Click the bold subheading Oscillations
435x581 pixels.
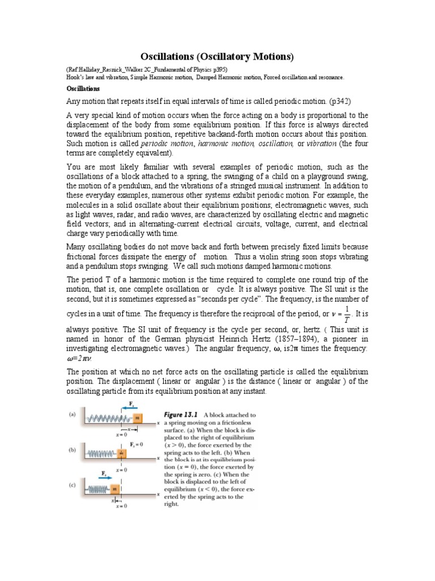pos(83,89)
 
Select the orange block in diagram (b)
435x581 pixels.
pos(121,453)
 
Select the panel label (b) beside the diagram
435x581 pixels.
pos(72,451)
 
